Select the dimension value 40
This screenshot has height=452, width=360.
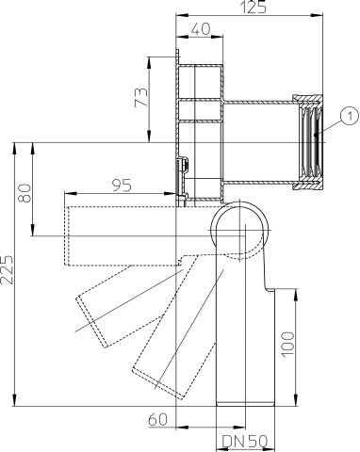click(x=199, y=30)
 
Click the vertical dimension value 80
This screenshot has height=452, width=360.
click(x=25, y=191)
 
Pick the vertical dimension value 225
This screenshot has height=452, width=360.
click(x=8, y=271)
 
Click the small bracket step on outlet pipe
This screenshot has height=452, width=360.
click(x=273, y=287)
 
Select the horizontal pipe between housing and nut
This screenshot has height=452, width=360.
click(x=259, y=141)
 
